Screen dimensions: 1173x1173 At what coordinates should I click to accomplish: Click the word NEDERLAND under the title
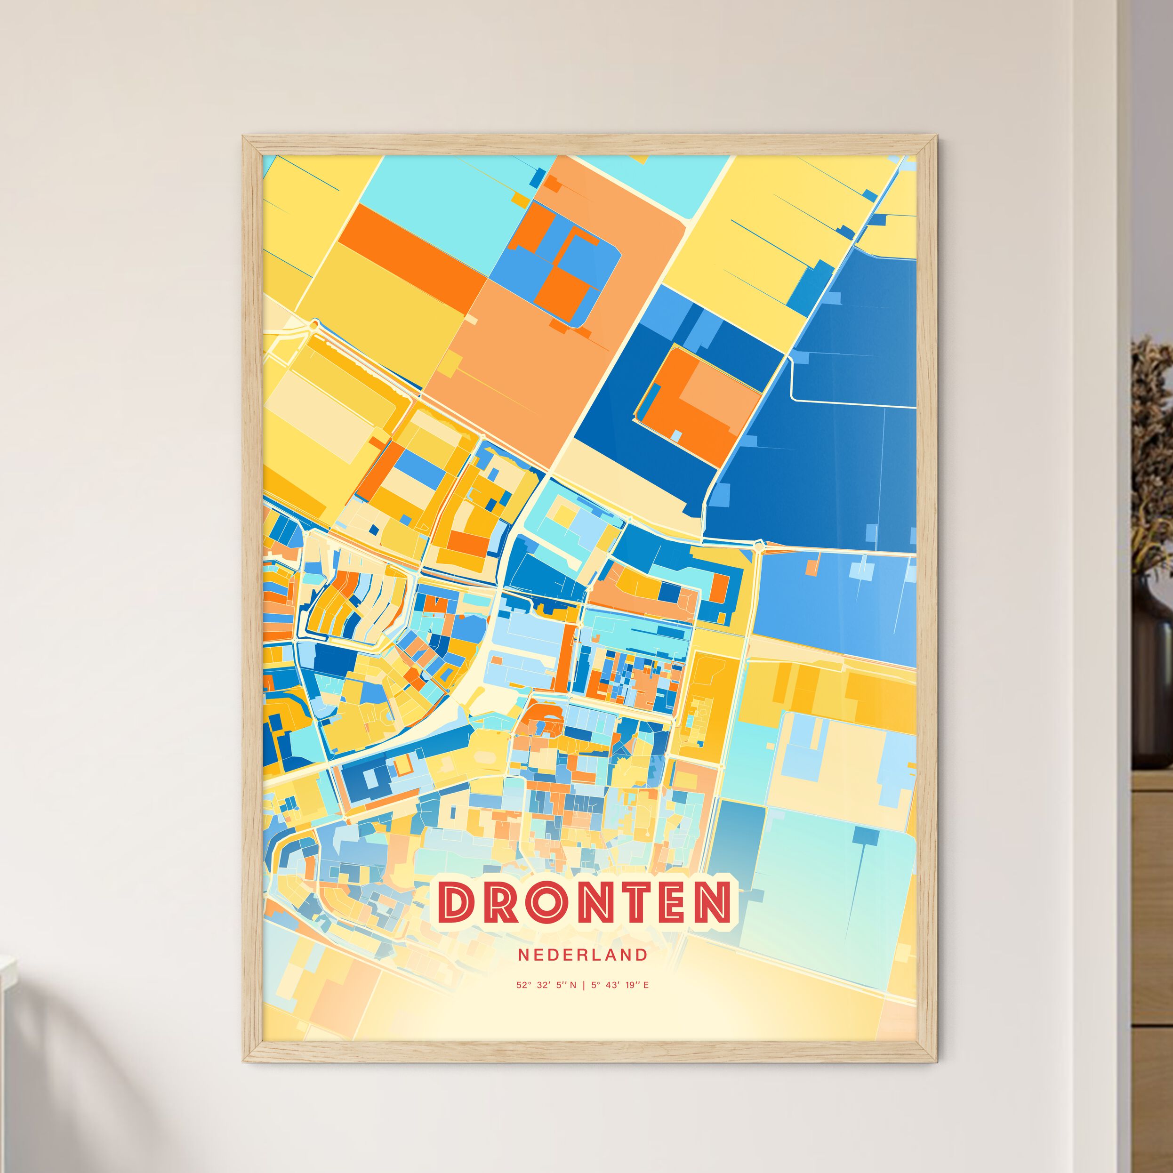tap(583, 955)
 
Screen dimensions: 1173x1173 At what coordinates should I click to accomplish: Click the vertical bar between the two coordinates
tap(584, 985)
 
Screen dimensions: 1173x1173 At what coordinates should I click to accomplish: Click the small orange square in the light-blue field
tap(811, 567)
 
